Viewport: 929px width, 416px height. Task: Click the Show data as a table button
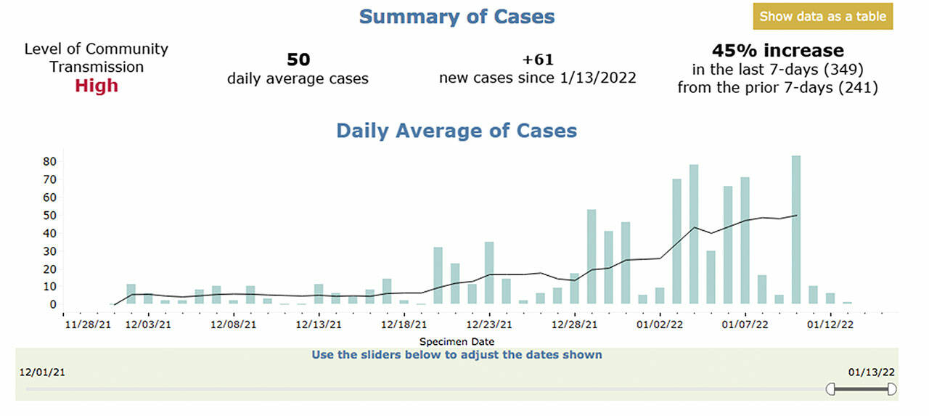click(x=822, y=17)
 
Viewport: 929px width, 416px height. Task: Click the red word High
click(x=96, y=86)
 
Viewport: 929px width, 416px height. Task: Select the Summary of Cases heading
click(x=457, y=16)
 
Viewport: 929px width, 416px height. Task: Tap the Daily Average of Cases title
click(x=456, y=131)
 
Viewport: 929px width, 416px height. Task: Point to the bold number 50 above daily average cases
click(x=298, y=60)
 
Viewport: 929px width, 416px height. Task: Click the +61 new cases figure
click(x=537, y=60)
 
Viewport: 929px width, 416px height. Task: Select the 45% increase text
click(x=777, y=51)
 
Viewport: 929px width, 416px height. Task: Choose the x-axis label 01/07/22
click(x=744, y=325)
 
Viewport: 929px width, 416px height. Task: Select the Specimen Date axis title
click(x=457, y=340)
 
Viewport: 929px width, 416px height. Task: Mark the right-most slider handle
click(x=891, y=390)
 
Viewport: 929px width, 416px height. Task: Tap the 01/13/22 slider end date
click(x=872, y=372)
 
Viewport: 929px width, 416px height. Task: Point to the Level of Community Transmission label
click(x=96, y=58)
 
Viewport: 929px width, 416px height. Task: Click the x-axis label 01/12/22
click(x=831, y=325)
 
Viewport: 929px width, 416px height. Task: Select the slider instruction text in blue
click(x=457, y=355)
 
